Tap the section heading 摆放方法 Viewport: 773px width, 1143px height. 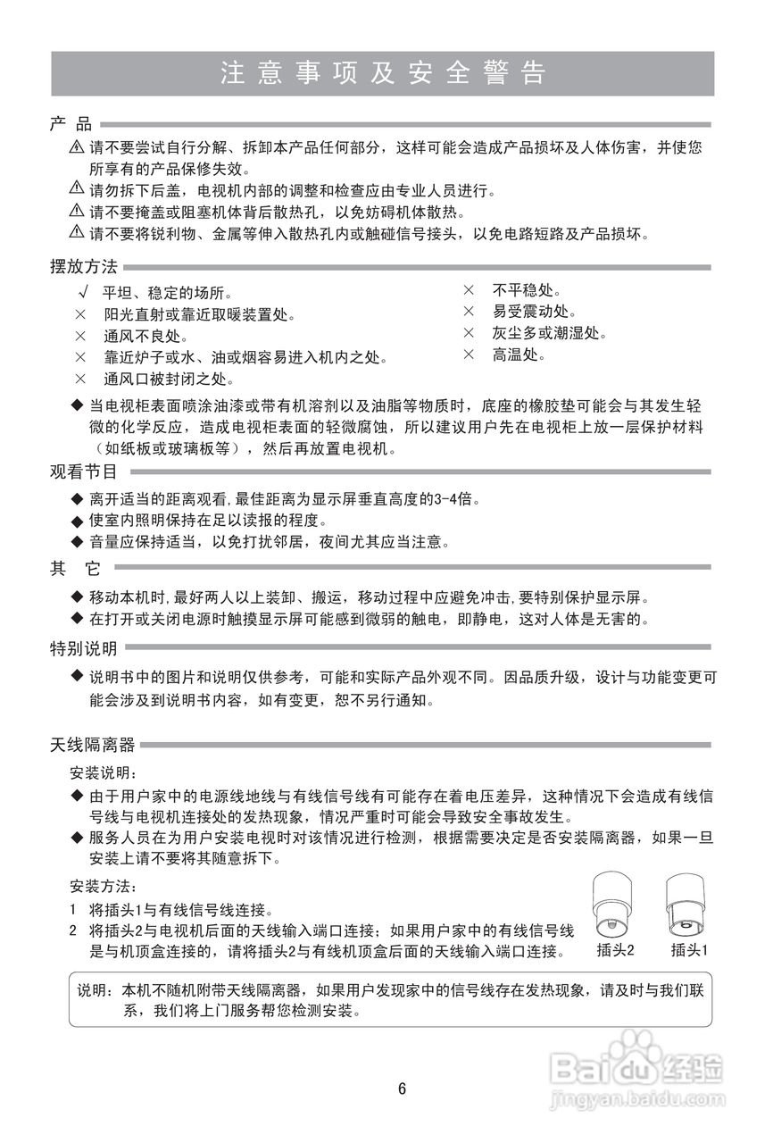tap(84, 267)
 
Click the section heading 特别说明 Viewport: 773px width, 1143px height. tap(84, 648)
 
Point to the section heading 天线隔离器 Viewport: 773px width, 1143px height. tap(93, 744)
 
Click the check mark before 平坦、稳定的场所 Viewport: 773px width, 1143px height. tap(82, 293)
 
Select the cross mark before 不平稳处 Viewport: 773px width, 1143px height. tap(468, 290)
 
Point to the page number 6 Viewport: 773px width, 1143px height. tap(402, 1089)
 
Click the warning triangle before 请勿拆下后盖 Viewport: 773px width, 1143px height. tap(77, 189)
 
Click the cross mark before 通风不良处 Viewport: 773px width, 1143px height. tap(81, 337)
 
